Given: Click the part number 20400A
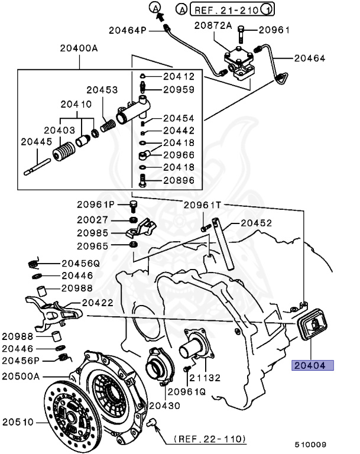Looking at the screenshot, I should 77,48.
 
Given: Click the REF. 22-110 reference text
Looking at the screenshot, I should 210,440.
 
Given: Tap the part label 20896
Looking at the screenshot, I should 179,180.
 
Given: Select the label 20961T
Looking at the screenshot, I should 202,205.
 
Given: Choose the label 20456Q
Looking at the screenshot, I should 80,264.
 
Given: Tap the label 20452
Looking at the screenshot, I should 255,223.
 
